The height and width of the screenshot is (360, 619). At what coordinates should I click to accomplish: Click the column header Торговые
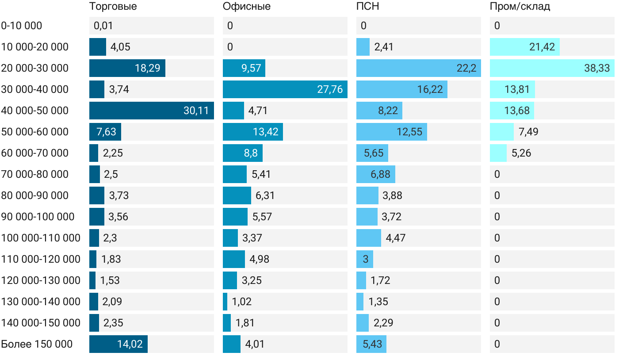113,7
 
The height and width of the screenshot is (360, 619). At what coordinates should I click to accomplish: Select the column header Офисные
246,7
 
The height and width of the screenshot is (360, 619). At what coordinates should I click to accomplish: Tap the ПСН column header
367,7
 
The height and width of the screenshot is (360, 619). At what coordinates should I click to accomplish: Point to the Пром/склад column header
520,7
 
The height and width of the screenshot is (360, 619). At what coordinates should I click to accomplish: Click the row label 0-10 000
22,26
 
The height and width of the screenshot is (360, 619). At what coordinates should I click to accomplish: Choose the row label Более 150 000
37,344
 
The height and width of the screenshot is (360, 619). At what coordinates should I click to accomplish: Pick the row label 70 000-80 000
35,174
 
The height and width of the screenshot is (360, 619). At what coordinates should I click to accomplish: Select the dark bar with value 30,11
152,111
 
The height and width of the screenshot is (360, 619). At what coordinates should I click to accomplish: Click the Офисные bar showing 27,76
285,89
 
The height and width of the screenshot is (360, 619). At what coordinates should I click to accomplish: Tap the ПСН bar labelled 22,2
419,68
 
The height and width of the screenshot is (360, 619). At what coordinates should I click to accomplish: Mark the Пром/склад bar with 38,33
552,68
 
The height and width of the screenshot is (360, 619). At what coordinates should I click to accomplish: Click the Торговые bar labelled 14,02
118,344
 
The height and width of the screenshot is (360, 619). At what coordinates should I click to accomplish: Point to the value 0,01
103,26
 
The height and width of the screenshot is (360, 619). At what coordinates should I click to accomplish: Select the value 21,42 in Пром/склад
542,47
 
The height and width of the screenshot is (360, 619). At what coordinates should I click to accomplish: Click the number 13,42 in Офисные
266,132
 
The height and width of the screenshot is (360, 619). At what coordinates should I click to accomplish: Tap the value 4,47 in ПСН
396,238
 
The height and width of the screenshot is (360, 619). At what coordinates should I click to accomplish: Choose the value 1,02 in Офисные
242,302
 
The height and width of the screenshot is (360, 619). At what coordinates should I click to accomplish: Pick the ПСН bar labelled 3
365,259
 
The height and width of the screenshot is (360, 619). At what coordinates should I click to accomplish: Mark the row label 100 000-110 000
41,238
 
